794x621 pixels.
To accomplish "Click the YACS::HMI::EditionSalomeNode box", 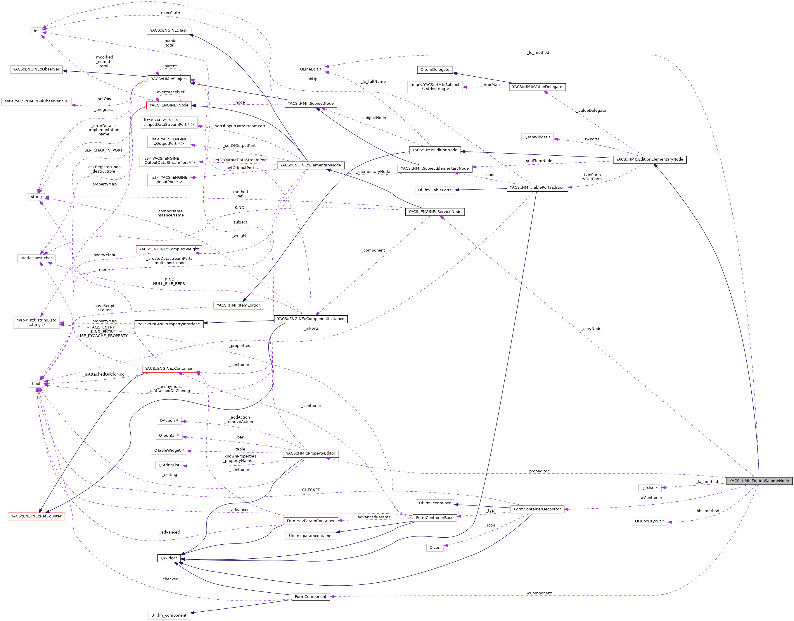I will coord(759,481).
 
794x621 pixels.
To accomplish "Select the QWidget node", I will coord(169,558).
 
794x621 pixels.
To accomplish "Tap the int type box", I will coord(36,31).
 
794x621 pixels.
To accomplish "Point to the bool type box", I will coord(36,383).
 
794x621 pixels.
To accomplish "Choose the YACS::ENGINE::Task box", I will coord(169,30).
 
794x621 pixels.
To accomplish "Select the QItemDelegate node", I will coord(435,70).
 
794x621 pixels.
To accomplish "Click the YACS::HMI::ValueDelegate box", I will coord(537,87).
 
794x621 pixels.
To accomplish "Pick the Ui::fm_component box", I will coord(169,615).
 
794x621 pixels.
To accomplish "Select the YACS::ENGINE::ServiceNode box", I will coord(435,211).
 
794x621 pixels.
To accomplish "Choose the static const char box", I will coord(36,258).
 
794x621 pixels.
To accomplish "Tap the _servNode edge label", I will coord(591,328).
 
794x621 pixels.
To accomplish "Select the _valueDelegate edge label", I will coord(591,110).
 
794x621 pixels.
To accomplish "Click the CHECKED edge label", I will coord(311,490).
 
